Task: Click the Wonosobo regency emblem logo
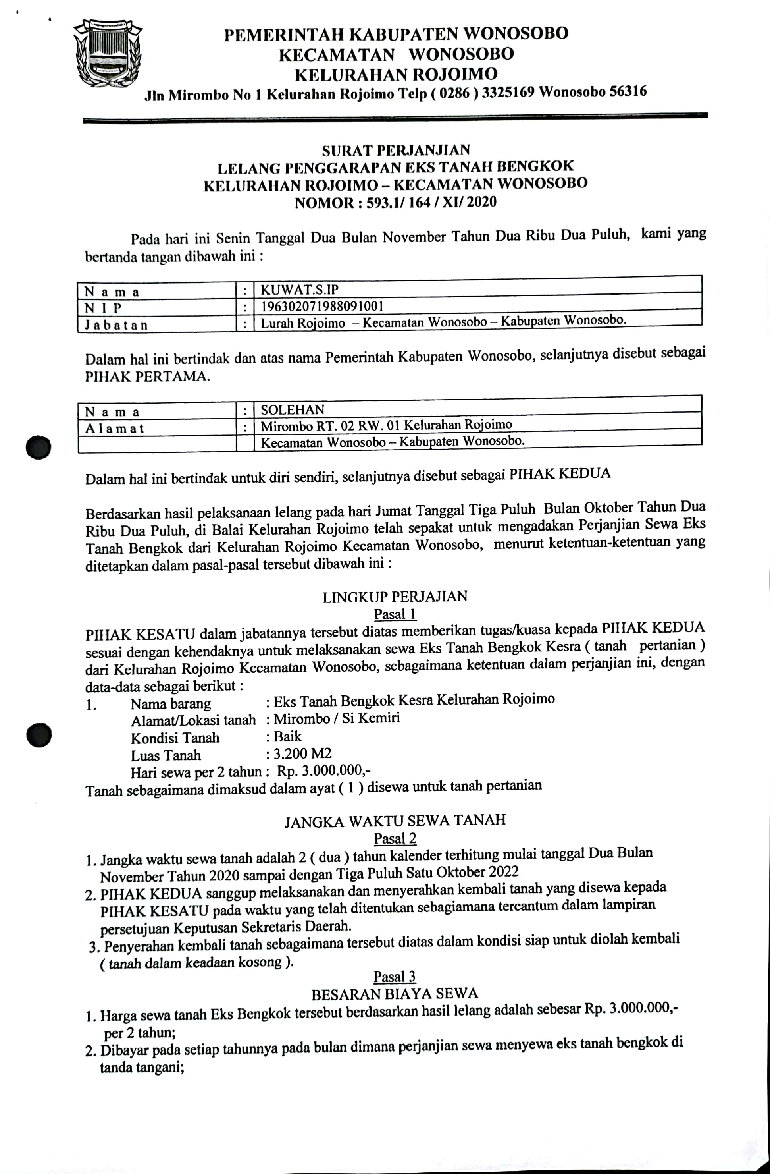click(x=108, y=53)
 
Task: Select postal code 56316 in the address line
click(x=628, y=92)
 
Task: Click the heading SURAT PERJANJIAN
click(x=396, y=150)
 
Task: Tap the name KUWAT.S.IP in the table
click(x=299, y=290)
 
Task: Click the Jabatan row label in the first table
click(x=116, y=325)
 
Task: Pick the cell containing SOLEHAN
click(x=293, y=410)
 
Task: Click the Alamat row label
click(x=114, y=428)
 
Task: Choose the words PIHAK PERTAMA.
click(x=147, y=377)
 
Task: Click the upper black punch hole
click(x=39, y=447)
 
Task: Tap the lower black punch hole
click(x=39, y=735)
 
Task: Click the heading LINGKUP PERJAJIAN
click(x=395, y=597)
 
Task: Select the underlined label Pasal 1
click(x=395, y=614)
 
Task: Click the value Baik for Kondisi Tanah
click(x=287, y=736)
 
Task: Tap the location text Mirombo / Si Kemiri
click(x=337, y=718)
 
